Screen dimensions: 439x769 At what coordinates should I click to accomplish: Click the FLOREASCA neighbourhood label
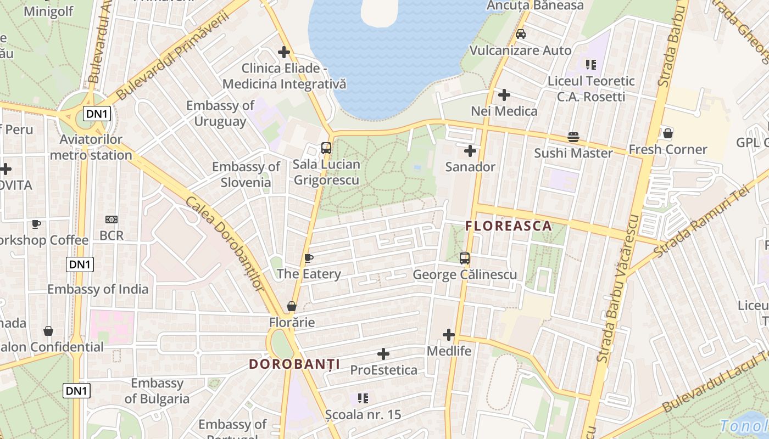pyautogui.click(x=509, y=226)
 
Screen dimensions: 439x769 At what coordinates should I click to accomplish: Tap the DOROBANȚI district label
pyautogui.click(x=294, y=364)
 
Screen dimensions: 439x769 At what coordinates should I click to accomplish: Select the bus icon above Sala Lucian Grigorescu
pyautogui.click(x=326, y=148)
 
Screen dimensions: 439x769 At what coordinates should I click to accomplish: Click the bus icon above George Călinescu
pyautogui.click(x=465, y=258)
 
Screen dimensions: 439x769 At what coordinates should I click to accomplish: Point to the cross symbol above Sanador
pyautogui.click(x=470, y=150)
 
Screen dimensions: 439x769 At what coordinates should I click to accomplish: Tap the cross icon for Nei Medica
pyautogui.click(x=504, y=95)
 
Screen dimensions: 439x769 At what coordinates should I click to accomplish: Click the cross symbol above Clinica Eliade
pyautogui.click(x=284, y=52)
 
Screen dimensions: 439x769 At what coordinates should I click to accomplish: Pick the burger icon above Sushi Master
pyautogui.click(x=573, y=137)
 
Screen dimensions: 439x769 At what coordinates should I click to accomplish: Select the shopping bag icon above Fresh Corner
pyautogui.click(x=668, y=133)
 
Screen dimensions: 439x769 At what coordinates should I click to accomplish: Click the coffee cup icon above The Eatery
pyautogui.click(x=309, y=258)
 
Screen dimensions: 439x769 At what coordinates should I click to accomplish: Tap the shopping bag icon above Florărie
pyautogui.click(x=292, y=306)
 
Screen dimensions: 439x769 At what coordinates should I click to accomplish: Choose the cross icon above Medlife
pyautogui.click(x=449, y=334)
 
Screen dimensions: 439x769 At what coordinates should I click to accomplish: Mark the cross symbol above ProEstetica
pyautogui.click(x=383, y=354)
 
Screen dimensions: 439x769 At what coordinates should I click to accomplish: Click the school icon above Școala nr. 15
pyautogui.click(x=363, y=398)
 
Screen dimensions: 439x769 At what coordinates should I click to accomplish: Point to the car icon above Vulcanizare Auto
pyautogui.click(x=521, y=34)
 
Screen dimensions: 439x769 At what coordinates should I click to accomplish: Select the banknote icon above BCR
pyautogui.click(x=112, y=219)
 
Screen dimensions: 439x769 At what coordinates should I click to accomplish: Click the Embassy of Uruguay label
pyautogui.click(x=220, y=113)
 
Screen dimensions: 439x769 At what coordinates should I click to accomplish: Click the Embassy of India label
pyautogui.click(x=98, y=289)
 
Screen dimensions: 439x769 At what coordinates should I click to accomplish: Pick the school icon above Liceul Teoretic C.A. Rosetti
pyautogui.click(x=591, y=65)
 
